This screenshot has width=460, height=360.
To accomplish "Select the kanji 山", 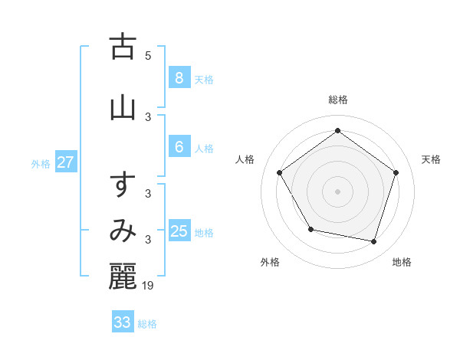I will pos(123,107).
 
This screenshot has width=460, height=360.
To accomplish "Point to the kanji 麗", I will pos(123,277).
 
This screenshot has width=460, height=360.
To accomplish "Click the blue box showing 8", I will pos(179,78).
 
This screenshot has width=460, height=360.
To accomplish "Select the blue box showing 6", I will pos(179,147).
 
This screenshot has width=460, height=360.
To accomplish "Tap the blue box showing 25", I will pos(179,231).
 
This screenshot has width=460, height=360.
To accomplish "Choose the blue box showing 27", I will pos(66,162).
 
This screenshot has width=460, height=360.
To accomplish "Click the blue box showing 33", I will pos(123,322).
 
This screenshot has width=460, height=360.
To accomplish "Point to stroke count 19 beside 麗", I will pos(148,286).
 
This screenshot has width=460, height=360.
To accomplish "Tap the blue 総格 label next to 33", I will pos(148,324).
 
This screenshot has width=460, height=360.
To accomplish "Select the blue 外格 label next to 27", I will pos(41,163).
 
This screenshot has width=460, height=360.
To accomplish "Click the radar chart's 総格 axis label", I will pos(338,100).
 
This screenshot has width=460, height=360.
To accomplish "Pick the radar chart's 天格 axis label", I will pos(432,159).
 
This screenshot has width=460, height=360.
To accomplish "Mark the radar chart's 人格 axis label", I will pos(245,159).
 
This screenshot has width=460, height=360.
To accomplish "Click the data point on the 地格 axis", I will pos(373,241).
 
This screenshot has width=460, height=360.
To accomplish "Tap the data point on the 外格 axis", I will pos(310,229).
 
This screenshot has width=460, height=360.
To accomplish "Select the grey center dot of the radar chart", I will pos(338,191).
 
